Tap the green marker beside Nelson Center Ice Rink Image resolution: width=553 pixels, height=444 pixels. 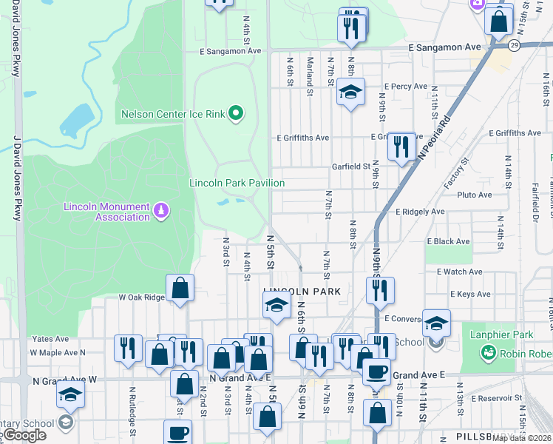click(x=237, y=113)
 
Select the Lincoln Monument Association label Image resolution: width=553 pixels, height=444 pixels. click(x=107, y=212)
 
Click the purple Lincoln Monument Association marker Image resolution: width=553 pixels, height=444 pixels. click(x=160, y=212)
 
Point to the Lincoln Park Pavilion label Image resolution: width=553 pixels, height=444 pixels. click(x=237, y=183)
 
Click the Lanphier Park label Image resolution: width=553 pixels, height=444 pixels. click(x=501, y=334)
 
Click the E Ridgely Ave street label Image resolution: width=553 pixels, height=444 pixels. click(x=420, y=212)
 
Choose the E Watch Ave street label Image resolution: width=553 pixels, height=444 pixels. click(x=459, y=272)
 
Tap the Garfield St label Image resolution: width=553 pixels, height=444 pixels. click(x=350, y=166)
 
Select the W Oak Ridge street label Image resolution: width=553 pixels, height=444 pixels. click(x=142, y=297)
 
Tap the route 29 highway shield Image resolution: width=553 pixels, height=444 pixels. click(x=514, y=45)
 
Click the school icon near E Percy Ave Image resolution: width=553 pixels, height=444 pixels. click(x=351, y=92)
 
